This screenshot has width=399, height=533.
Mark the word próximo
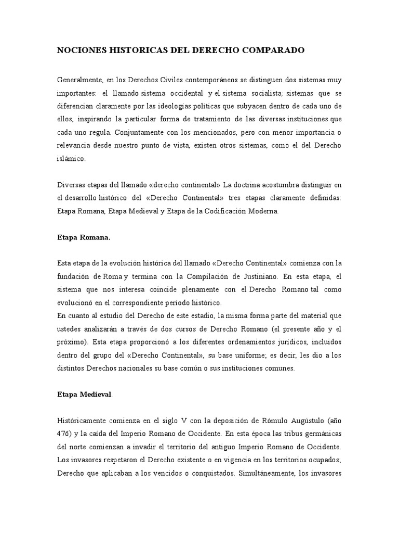click(x=71, y=342)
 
